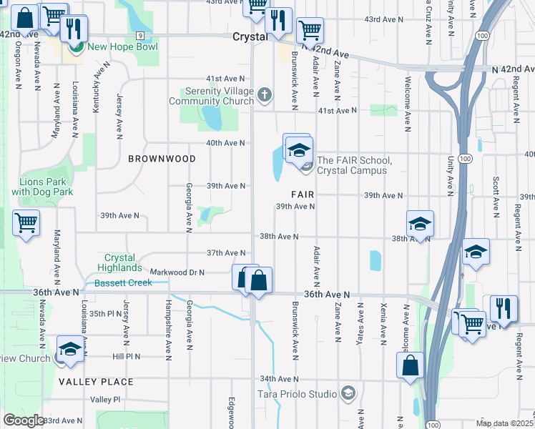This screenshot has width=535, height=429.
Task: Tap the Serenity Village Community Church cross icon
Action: click(x=264, y=94)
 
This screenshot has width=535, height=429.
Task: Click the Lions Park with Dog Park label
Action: click(x=42, y=187)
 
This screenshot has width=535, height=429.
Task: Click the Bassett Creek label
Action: click(x=124, y=283)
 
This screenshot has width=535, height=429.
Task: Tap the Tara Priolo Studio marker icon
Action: click(x=348, y=393)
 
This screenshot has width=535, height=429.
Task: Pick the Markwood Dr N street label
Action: click(x=177, y=272)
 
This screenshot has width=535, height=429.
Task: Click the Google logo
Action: click(x=24, y=420)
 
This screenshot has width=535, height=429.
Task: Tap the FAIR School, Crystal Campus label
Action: click(x=352, y=165)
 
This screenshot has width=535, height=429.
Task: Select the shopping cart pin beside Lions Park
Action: click(x=26, y=224)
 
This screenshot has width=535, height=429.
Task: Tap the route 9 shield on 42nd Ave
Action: click(x=141, y=35)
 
